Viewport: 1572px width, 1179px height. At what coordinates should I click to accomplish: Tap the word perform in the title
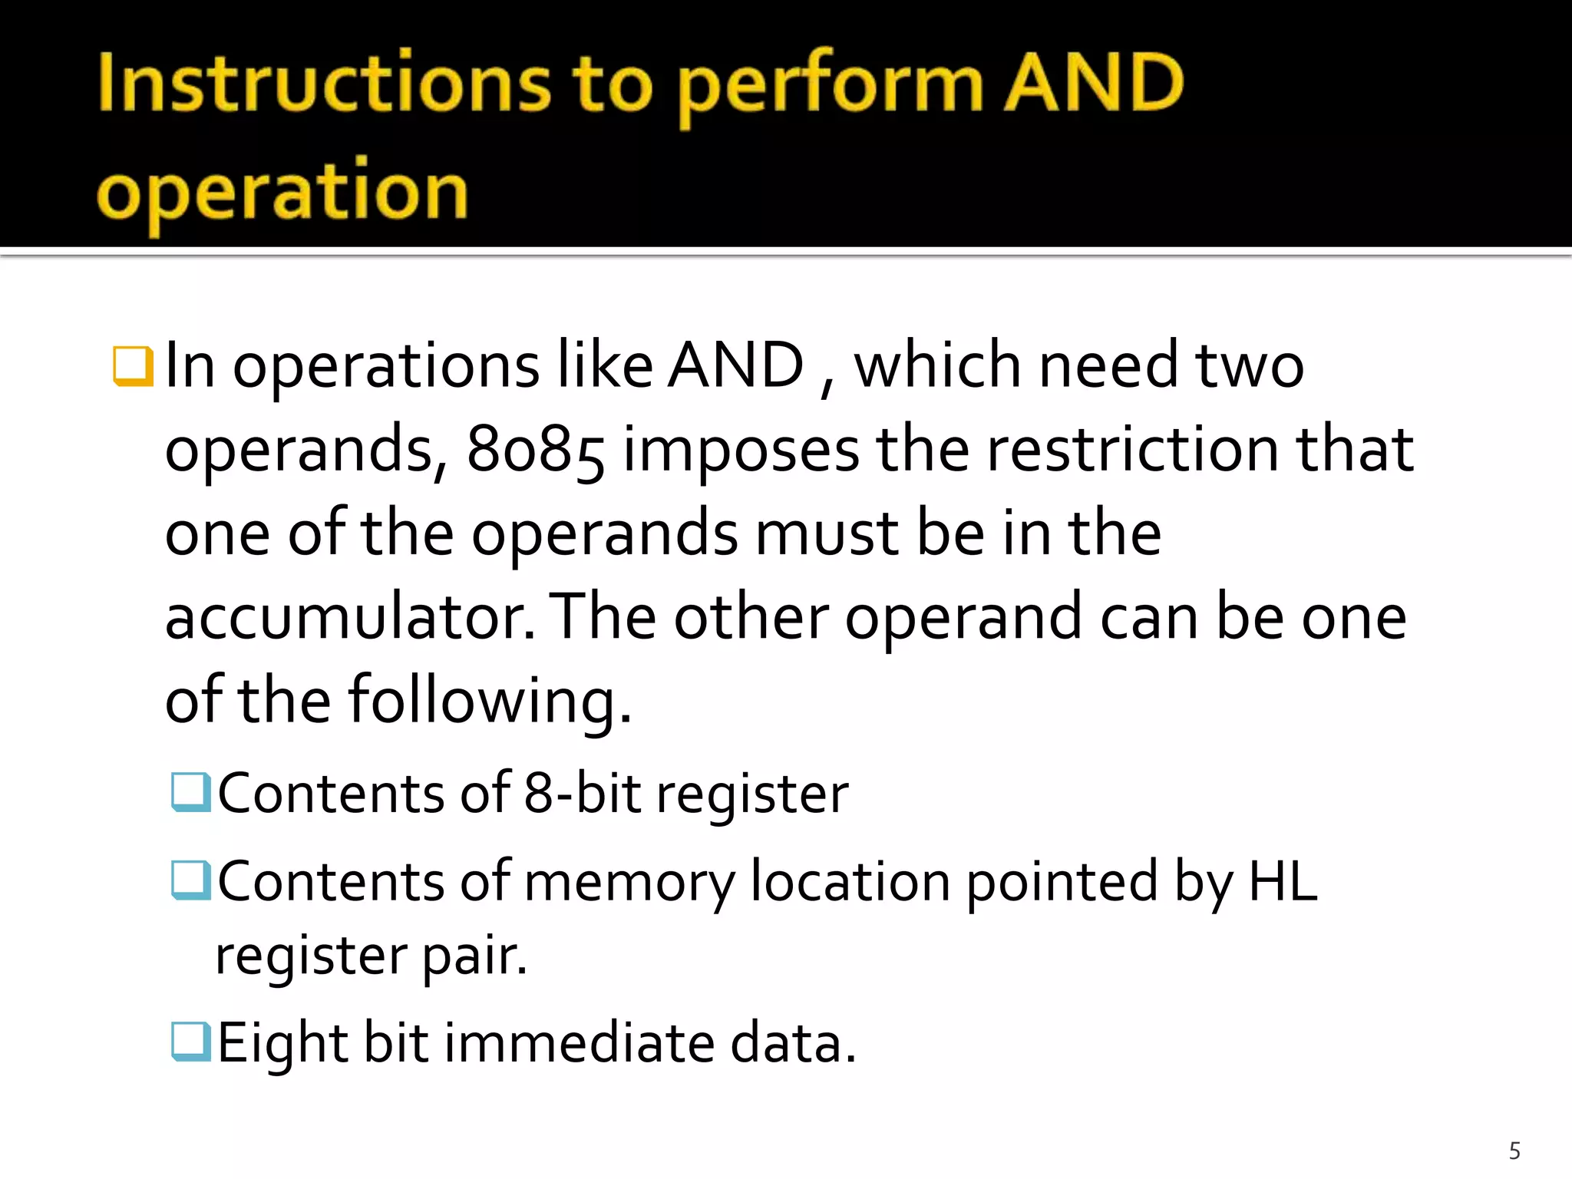[830, 86]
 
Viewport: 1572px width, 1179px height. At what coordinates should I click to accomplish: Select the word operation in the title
[282, 192]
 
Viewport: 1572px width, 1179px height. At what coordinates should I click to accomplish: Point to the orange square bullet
[133, 366]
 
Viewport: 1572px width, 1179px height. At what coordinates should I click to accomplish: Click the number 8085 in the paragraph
[535, 450]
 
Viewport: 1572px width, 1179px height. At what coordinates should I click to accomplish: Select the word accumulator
[349, 618]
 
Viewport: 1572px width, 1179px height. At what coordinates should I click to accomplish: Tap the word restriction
[1132, 450]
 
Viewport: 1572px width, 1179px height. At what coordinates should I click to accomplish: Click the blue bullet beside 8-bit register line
[190, 792]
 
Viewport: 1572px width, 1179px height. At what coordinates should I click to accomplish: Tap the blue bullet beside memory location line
[190, 880]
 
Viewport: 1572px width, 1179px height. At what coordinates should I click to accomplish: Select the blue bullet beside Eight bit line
[190, 1042]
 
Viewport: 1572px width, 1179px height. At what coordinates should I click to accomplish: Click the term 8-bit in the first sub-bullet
[582, 794]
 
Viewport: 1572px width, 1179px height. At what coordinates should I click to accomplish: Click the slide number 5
[1514, 1151]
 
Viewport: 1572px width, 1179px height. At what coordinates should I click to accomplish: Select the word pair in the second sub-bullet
[474, 957]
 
